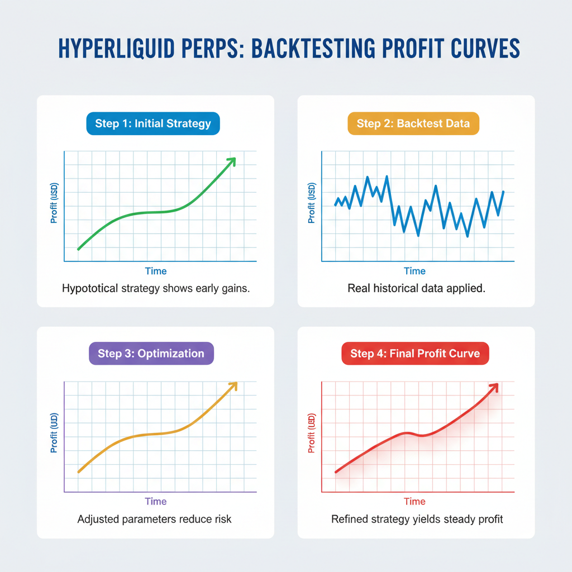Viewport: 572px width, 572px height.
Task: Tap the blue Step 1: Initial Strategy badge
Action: coord(153,123)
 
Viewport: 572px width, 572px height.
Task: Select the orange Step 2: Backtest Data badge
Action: coord(413,123)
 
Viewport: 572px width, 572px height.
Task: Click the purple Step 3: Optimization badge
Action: coord(151,354)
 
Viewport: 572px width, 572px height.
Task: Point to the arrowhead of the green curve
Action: coord(232,160)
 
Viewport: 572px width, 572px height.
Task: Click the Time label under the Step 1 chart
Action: coord(156,271)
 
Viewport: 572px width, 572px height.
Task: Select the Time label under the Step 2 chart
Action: coord(414,271)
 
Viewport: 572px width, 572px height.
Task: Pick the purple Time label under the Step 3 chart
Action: coord(156,501)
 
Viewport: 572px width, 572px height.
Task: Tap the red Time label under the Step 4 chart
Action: coord(414,501)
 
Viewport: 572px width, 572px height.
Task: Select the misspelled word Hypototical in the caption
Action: coord(90,289)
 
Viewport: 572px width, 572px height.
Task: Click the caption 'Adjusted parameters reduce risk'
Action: coord(154,519)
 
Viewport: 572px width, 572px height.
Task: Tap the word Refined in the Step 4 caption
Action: coord(348,519)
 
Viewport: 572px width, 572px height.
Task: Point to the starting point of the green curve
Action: coord(78,249)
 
